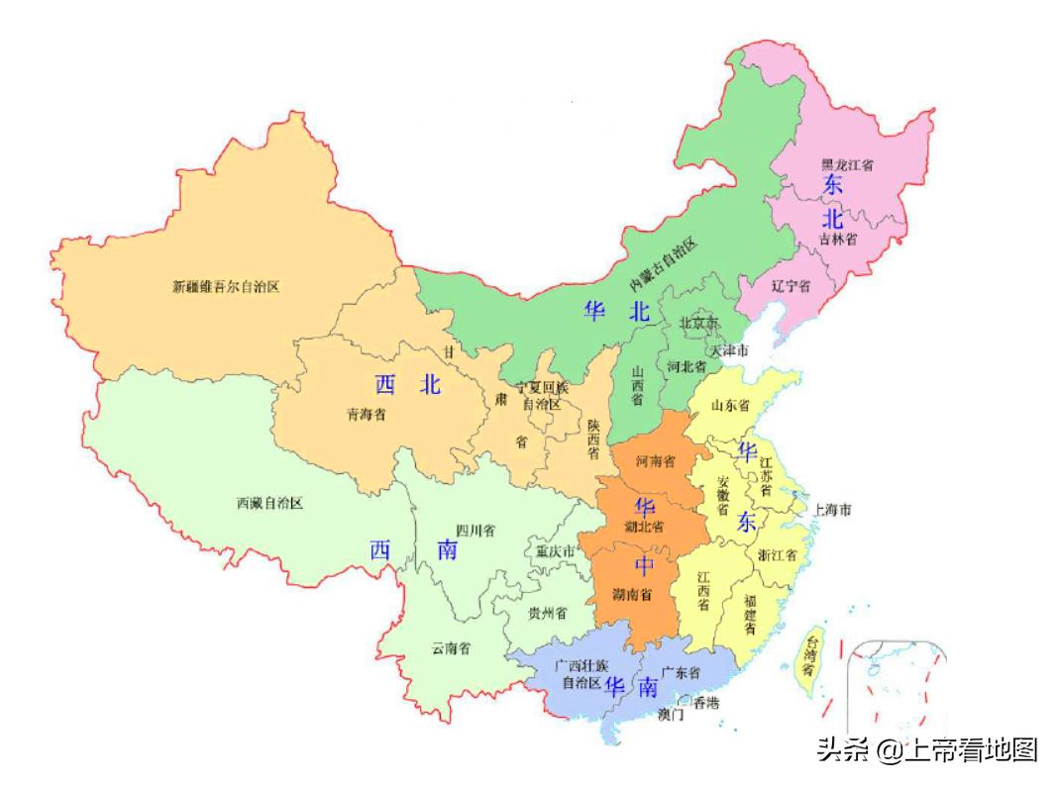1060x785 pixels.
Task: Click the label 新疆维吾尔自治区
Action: coord(226,287)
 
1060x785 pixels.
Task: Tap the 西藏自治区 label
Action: coord(269,503)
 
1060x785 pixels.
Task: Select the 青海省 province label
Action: coord(366,415)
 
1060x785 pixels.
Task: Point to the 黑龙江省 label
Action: coord(853,164)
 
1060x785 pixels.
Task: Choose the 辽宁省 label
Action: coord(791,285)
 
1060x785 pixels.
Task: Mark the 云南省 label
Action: coord(451,648)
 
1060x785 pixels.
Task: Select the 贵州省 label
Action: coord(547,613)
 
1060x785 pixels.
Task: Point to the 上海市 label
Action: coord(832,510)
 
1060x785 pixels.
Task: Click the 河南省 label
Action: coord(655,461)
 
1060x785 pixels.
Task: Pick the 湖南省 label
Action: coord(631,594)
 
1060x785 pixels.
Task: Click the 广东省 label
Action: coord(681,672)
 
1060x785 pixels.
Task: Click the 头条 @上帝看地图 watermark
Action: coord(926,749)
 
